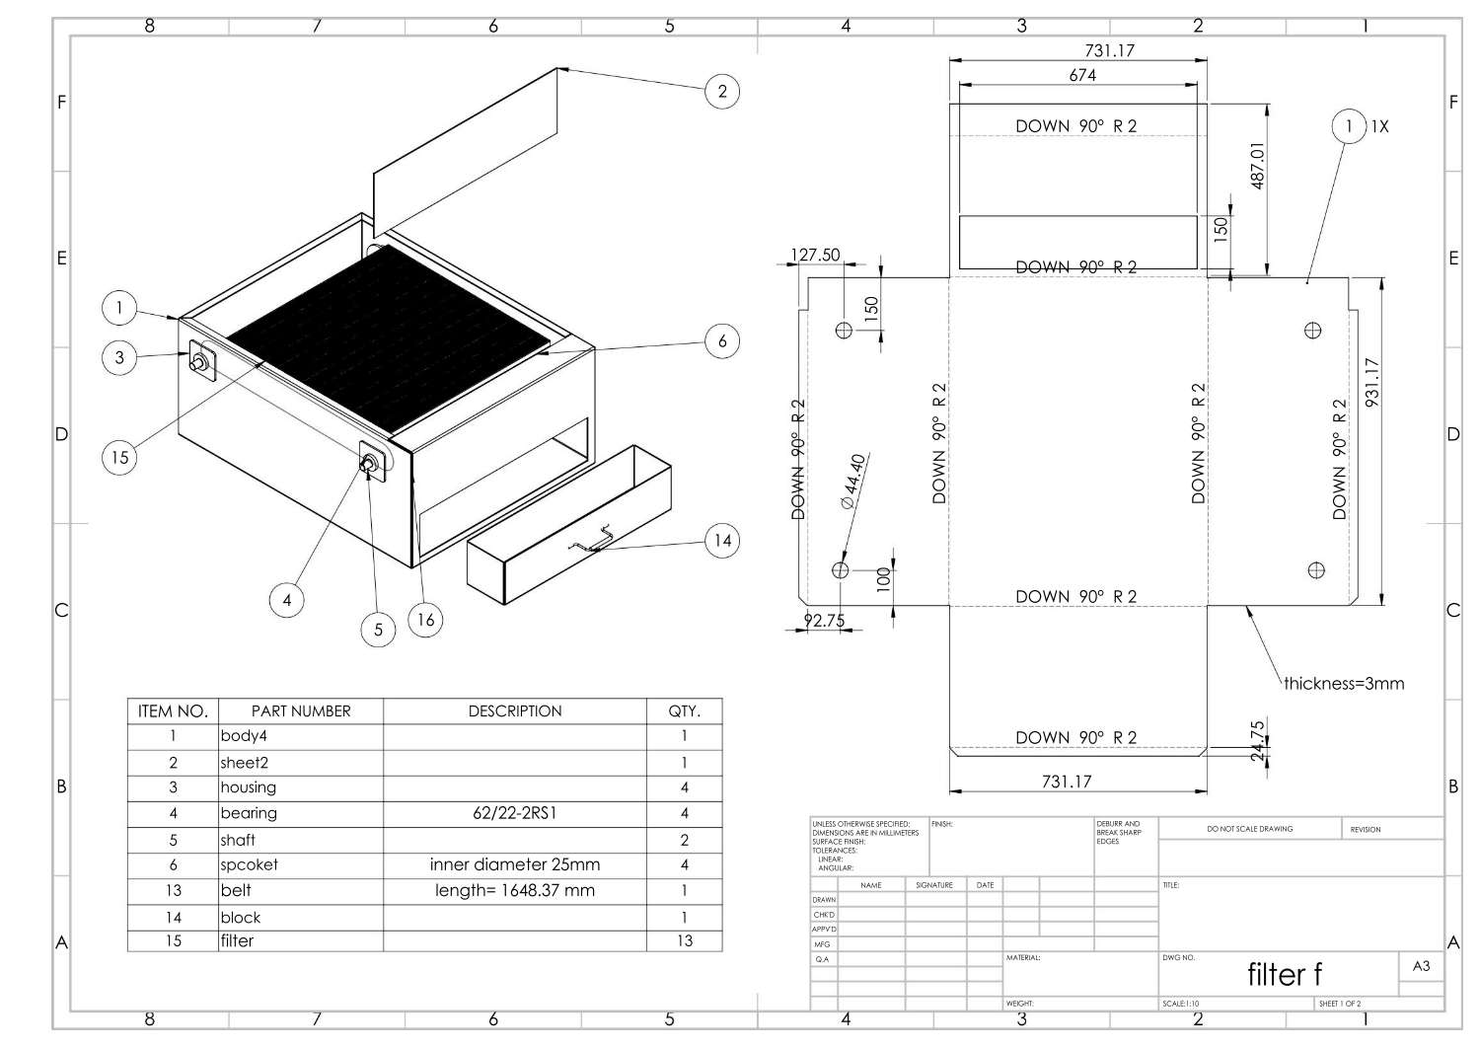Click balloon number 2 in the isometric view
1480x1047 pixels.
point(722,92)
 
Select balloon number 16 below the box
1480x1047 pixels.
point(425,620)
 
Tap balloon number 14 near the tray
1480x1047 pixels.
point(723,540)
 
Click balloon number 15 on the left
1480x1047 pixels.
point(119,457)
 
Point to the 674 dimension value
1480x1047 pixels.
point(1082,75)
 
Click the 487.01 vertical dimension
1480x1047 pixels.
point(1257,165)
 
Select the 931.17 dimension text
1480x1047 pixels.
point(1371,382)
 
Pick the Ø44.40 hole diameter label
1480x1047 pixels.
point(852,481)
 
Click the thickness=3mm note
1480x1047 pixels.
point(1343,683)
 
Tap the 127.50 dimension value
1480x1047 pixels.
point(815,255)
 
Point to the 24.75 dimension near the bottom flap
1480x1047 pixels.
point(1257,741)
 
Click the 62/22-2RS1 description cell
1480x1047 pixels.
point(514,813)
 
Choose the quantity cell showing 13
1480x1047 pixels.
point(684,940)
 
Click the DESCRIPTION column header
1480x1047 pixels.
point(514,710)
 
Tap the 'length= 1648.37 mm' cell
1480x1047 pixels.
point(514,890)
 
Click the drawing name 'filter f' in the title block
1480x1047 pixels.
point(1285,974)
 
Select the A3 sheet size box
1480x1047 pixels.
point(1421,966)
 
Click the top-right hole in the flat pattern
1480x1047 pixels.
point(1312,331)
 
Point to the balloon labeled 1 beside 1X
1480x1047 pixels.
point(1349,126)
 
